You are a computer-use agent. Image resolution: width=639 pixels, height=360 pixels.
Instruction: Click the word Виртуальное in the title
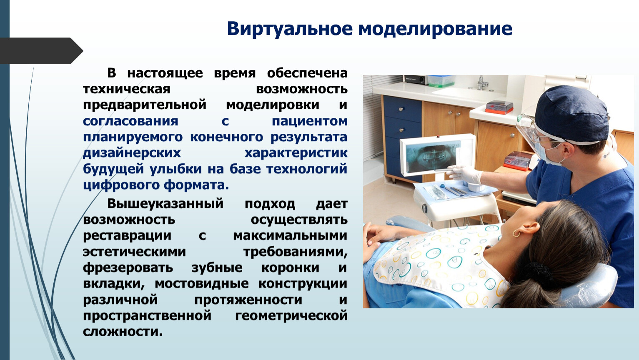[x=290, y=29]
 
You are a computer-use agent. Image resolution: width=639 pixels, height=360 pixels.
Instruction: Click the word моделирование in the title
[x=435, y=29]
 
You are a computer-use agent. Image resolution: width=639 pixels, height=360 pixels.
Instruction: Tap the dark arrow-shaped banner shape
[x=41, y=51]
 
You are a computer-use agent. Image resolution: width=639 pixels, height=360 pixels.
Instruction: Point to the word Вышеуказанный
[x=165, y=204]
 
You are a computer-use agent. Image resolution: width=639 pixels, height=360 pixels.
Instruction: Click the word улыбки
[x=175, y=169]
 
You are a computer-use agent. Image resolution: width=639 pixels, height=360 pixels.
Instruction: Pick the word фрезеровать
[x=128, y=268]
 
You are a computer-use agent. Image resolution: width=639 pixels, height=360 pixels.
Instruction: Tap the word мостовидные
[x=201, y=284]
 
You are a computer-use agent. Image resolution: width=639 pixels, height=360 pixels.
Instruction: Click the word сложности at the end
[x=123, y=332]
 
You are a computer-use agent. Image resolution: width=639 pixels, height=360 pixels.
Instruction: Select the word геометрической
[x=291, y=316]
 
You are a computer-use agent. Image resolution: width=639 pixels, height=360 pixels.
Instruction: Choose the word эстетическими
[x=134, y=252]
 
